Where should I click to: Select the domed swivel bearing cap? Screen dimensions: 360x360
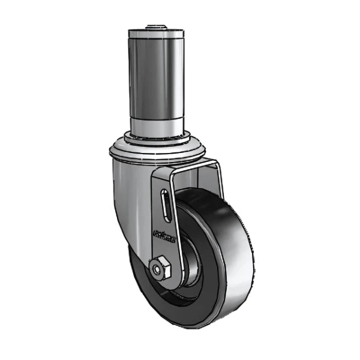156,150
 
